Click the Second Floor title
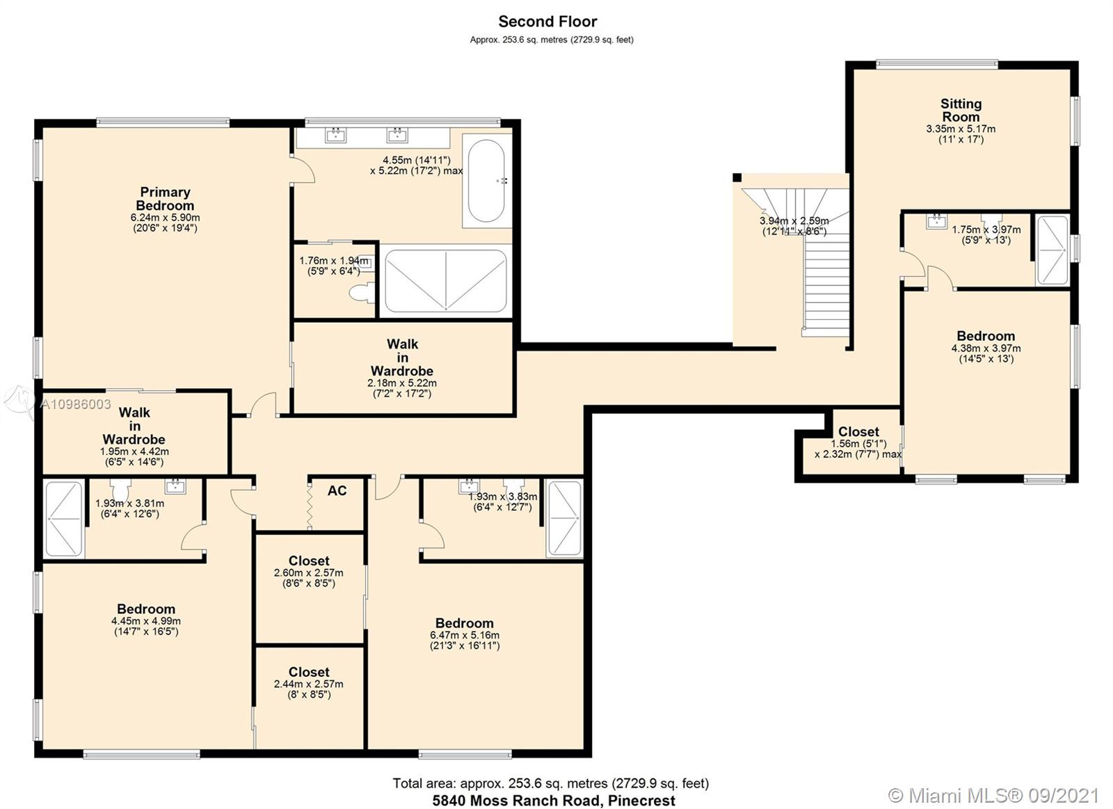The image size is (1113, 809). [x=547, y=22]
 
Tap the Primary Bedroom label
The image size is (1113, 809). [x=165, y=199]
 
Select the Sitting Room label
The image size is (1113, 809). [x=961, y=110]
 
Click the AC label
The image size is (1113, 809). [x=337, y=491]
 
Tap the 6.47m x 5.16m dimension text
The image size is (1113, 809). [x=464, y=635]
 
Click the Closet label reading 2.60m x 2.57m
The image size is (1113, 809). [x=309, y=561]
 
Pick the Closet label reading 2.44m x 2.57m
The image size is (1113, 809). [x=309, y=672]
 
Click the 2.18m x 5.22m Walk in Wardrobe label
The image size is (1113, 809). [x=402, y=357]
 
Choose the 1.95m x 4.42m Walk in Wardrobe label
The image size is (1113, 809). [x=134, y=426]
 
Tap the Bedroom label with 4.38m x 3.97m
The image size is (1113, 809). [x=985, y=336]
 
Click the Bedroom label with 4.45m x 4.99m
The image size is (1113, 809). [x=146, y=609]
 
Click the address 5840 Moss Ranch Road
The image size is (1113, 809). [x=553, y=801]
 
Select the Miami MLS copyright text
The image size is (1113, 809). [x=994, y=795]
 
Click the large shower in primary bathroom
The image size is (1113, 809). [x=445, y=280]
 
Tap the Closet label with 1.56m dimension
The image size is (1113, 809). [x=858, y=431]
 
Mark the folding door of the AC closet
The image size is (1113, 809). [x=309, y=503]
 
